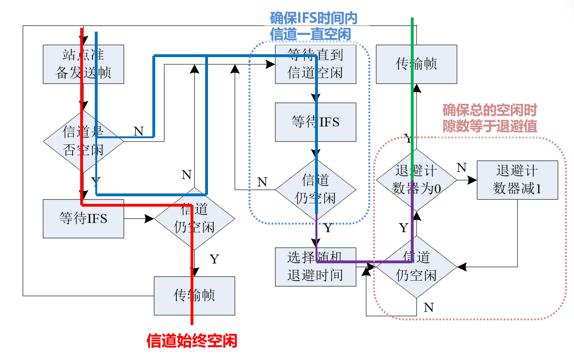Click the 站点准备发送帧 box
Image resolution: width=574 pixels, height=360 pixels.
(83, 65)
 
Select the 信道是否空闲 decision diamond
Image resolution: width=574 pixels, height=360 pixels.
(83, 141)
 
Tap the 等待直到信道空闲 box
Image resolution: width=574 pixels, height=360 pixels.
(316, 65)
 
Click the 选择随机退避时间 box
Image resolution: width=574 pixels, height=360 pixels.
(316, 267)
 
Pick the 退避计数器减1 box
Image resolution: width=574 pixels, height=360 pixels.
(517, 180)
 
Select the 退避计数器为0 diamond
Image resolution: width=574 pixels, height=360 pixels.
(416, 180)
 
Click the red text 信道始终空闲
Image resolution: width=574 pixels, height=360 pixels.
(191, 341)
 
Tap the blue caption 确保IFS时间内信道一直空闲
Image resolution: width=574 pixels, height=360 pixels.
(313, 26)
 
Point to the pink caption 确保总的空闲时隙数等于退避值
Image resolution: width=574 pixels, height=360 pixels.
(490, 118)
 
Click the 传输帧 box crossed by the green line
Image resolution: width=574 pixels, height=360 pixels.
(416, 65)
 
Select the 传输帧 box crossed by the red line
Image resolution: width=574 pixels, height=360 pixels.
(194, 296)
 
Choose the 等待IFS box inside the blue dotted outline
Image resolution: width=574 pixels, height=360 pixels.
(316, 122)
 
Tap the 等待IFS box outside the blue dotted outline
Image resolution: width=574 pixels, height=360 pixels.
(83, 218)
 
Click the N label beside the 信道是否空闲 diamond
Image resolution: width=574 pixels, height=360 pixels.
(138, 131)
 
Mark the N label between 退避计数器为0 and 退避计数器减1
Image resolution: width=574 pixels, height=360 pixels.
(462, 168)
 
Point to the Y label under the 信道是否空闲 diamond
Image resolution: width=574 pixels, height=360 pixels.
(96, 182)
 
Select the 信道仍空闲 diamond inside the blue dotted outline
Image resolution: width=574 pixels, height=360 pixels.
(316, 189)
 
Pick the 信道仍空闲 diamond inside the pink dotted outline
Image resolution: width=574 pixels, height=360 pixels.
(416, 267)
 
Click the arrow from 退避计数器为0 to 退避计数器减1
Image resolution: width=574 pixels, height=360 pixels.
(467, 180)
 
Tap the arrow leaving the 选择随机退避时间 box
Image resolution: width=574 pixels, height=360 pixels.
(366, 268)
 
